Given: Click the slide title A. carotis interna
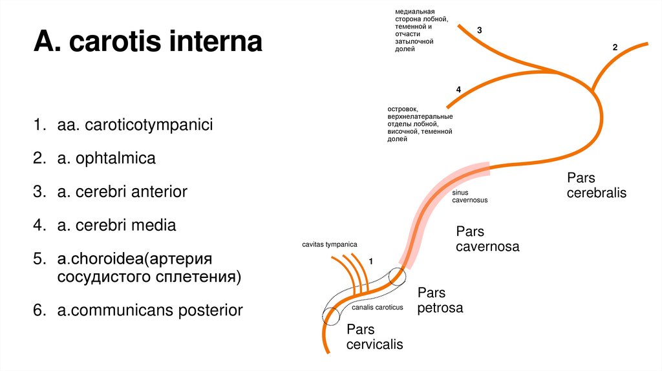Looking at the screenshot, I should [148, 43].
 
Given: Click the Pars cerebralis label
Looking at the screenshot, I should [596, 185].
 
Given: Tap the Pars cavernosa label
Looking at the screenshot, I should [487, 238].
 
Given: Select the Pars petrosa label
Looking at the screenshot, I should [440, 300].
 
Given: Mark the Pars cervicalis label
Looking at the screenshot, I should [374, 336].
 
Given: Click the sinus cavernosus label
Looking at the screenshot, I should [469, 196].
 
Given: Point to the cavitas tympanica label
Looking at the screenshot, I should [329, 244].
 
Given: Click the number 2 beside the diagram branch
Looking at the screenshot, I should [615, 48].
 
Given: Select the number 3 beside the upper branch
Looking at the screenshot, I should [479, 30].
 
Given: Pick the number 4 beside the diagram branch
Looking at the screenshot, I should [458, 90].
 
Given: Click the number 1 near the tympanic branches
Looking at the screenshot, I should [371, 260].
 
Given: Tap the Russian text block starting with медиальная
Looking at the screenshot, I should [417, 30].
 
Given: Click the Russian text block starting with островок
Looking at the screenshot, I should [420, 123].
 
